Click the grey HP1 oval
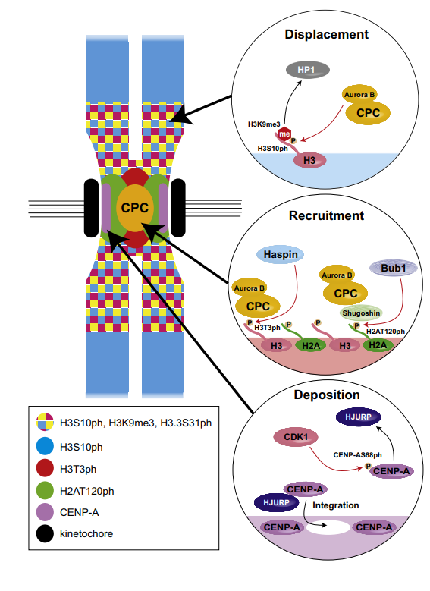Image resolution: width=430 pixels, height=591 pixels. pos(306,70)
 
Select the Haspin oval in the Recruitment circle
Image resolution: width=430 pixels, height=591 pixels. pos(281,255)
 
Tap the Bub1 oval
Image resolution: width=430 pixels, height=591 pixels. pos(390,269)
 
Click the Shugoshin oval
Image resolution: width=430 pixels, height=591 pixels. pos(361,312)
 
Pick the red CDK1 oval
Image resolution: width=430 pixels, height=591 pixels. pos(292,438)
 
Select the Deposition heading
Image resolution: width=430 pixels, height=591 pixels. pos(326,395)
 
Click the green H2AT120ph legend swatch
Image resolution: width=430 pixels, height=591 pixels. pos(45,492)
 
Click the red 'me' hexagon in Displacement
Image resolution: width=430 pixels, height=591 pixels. pos(284,134)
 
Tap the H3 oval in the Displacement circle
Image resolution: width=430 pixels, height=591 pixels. pos(308,160)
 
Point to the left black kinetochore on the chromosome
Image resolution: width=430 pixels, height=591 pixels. pos(92,206)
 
